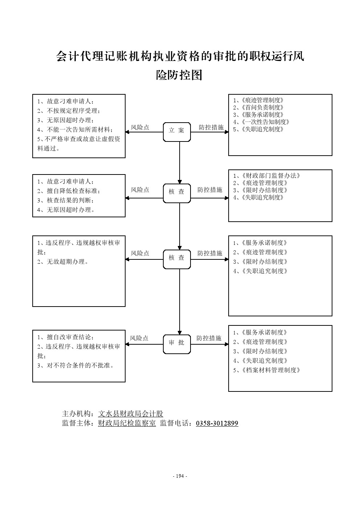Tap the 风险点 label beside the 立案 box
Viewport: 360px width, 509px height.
click(140, 127)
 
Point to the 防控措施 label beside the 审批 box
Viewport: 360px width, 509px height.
click(209, 338)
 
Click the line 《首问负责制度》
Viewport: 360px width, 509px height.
click(258, 107)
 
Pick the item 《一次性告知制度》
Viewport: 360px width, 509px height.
click(261, 122)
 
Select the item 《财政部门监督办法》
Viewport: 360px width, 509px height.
click(267, 176)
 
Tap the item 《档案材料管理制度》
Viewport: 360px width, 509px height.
click(267, 370)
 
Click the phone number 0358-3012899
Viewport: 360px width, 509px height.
click(217, 423)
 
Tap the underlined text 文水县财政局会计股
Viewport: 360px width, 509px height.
click(131, 414)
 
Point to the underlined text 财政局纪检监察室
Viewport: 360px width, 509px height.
click(127, 423)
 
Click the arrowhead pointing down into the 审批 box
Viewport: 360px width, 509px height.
click(180, 332)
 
